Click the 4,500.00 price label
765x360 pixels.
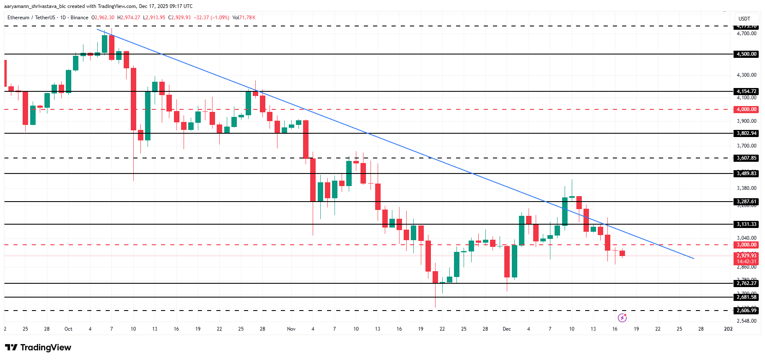747,54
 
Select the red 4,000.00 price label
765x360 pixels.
747,109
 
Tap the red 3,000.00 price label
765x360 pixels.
747,245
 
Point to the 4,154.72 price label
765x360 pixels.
747,91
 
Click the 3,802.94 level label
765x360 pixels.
747,133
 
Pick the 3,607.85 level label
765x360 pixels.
747,158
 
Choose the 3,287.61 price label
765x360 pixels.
747,202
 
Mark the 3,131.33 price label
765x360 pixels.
747,224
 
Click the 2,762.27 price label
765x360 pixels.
747,283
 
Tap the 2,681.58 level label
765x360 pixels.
747,297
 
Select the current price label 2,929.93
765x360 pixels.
747,256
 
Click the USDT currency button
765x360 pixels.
744,19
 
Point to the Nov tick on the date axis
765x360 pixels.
291,329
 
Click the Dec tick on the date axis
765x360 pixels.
507,329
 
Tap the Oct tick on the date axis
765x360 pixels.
68,329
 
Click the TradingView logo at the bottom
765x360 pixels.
38,347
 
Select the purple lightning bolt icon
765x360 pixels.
622,318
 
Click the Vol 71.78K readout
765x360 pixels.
244,18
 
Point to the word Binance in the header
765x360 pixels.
79,18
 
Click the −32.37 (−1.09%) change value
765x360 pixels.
211,18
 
